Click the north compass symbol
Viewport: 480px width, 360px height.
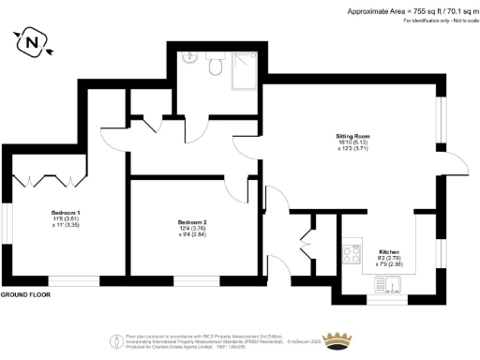click(32, 42)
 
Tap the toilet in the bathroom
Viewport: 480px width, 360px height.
click(215, 63)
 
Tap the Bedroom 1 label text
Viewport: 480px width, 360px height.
click(66, 213)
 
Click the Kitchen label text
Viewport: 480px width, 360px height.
click(389, 252)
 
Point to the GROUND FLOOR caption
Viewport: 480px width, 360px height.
click(25, 294)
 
